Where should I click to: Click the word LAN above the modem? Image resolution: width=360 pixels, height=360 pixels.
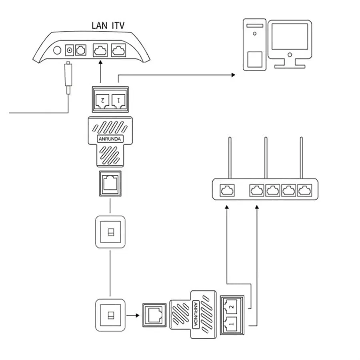100,26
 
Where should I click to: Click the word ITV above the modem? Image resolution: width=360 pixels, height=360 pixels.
118,26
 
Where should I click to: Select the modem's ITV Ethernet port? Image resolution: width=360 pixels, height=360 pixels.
118,50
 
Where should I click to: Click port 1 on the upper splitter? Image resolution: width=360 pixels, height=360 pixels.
119,99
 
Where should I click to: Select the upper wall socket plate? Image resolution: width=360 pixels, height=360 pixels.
110,232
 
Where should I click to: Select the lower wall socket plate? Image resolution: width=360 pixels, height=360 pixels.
110,315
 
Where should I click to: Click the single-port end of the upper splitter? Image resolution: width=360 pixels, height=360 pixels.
110,184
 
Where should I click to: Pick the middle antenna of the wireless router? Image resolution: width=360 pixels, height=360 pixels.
265,158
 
